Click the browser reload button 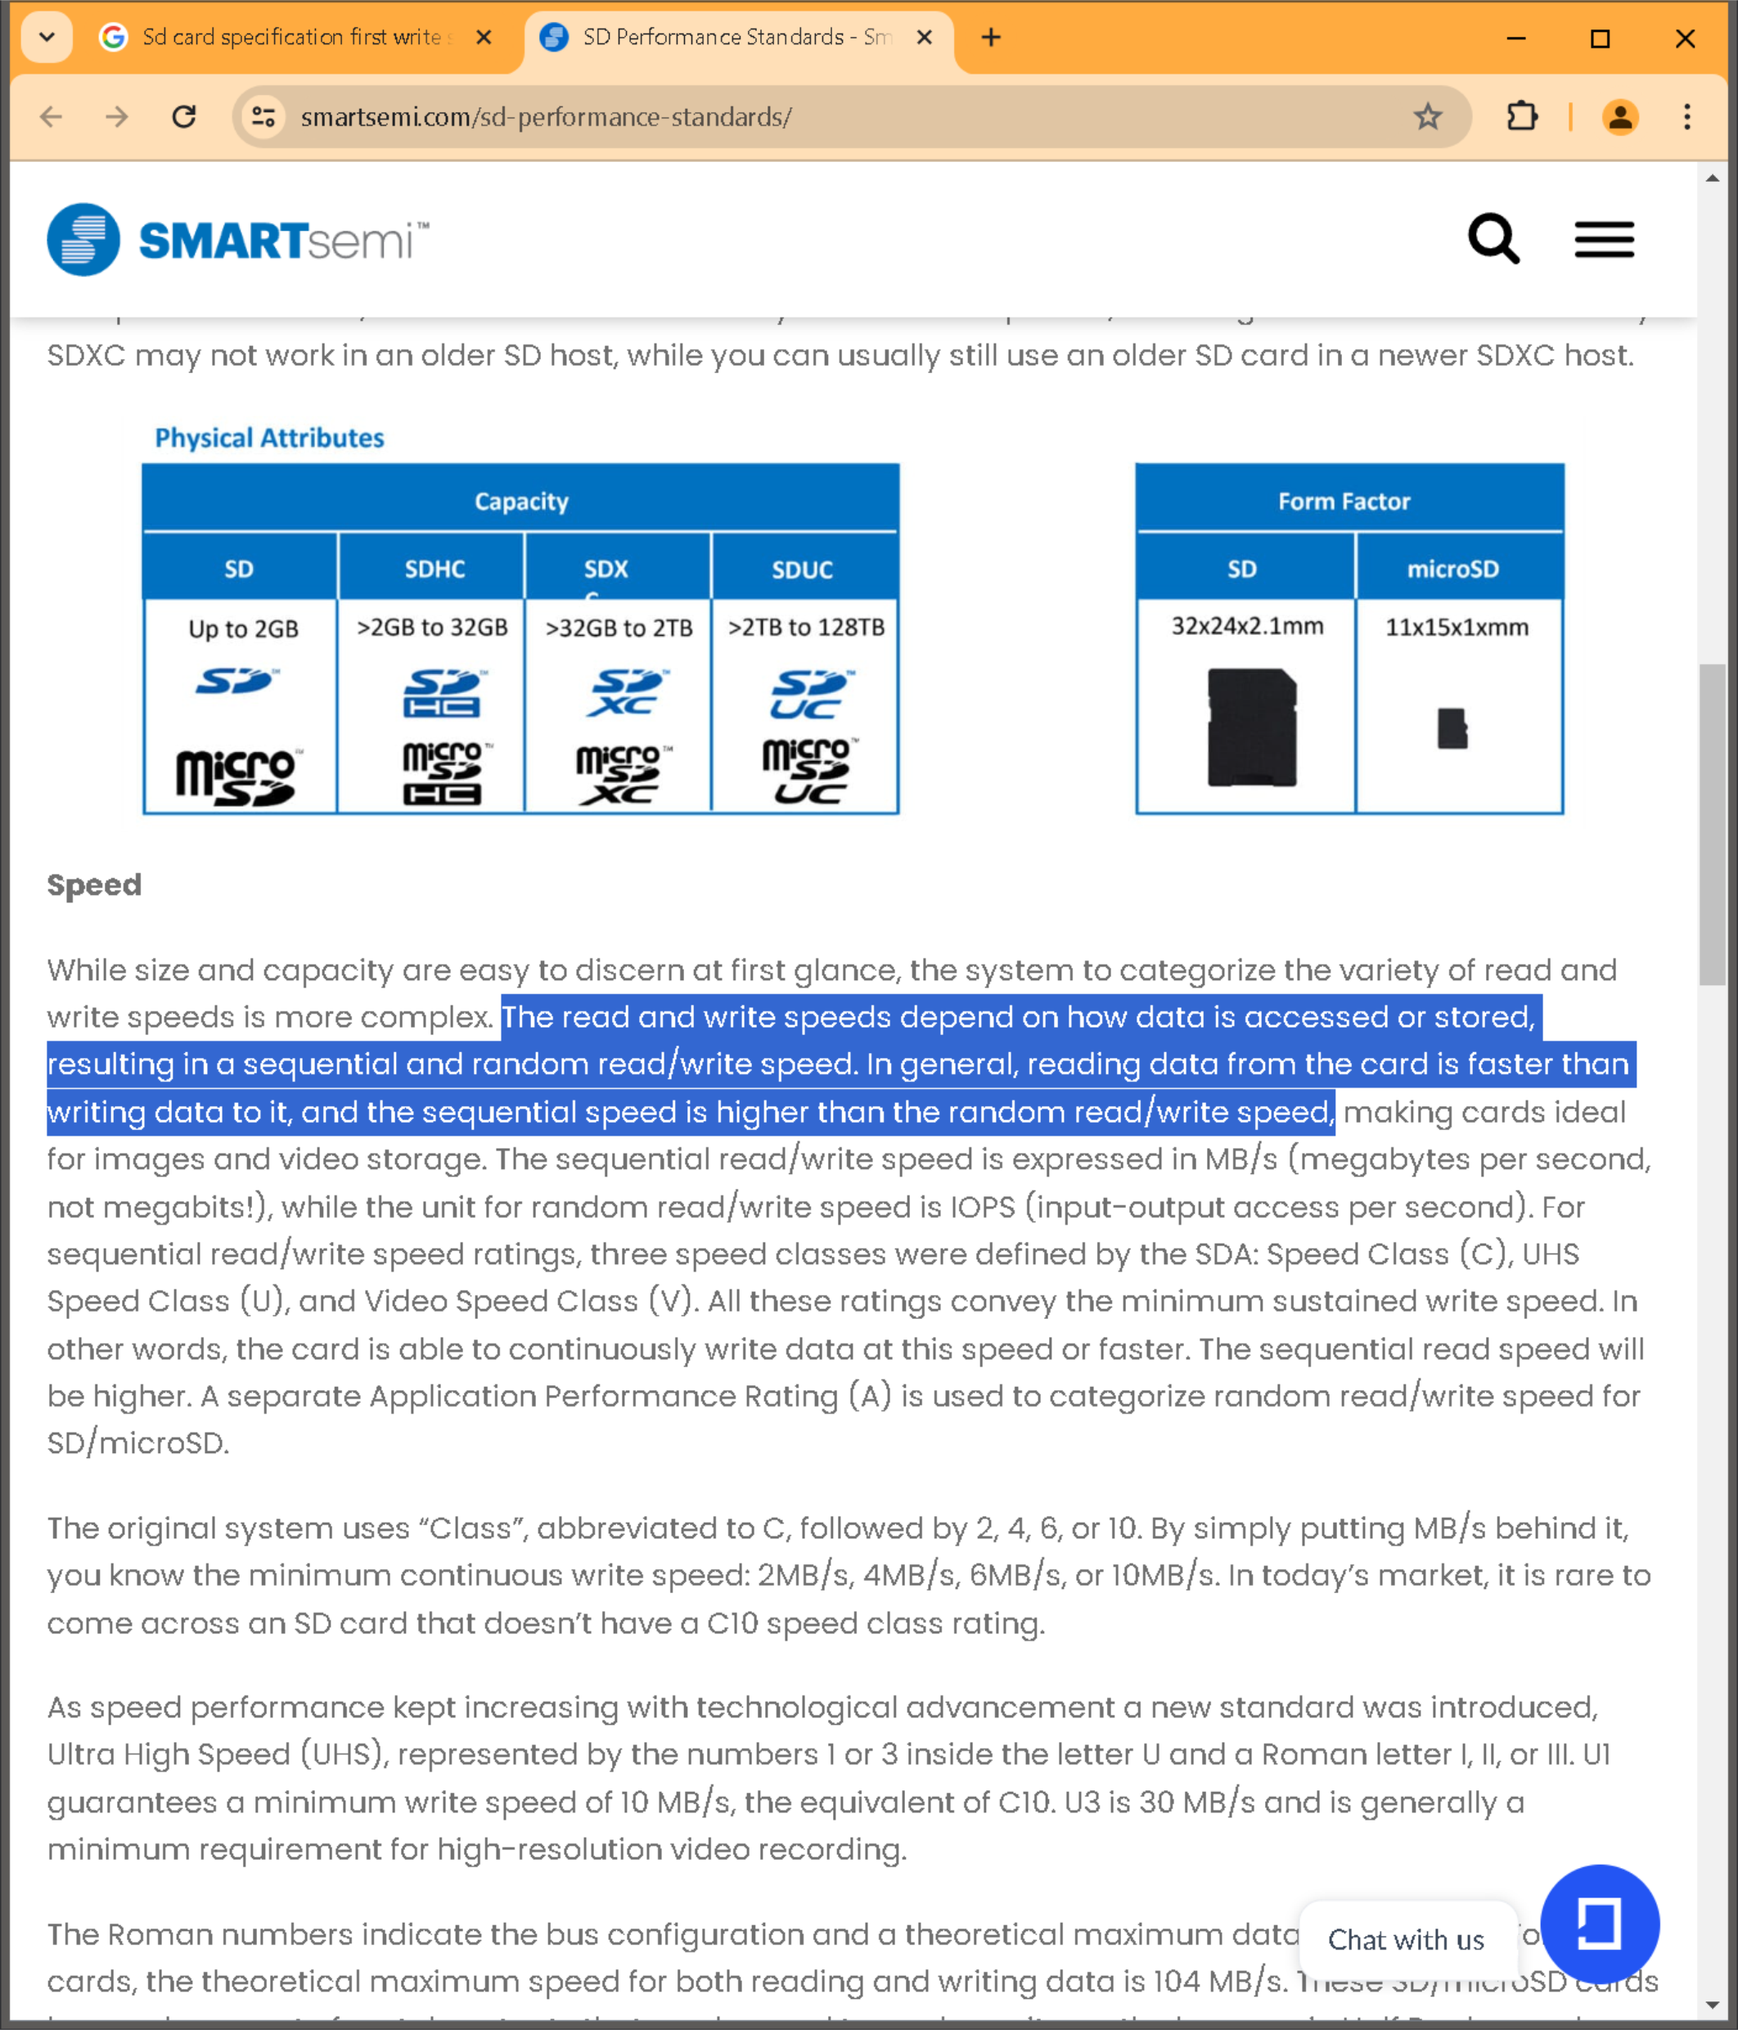tap(184, 118)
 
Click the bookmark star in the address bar tap(1427, 118)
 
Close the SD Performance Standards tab tap(924, 38)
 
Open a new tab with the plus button tap(992, 38)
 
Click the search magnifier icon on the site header tap(1492, 239)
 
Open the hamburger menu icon tap(1604, 239)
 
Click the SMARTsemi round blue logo tap(83, 239)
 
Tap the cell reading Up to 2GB tap(243, 629)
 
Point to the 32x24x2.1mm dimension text tap(1246, 626)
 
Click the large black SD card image tap(1251, 727)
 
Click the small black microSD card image tap(1451, 729)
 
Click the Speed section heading tap(94, 884)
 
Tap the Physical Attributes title tap(269, 438)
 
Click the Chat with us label tap(1405, 1940)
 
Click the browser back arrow tap(51, 118)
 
